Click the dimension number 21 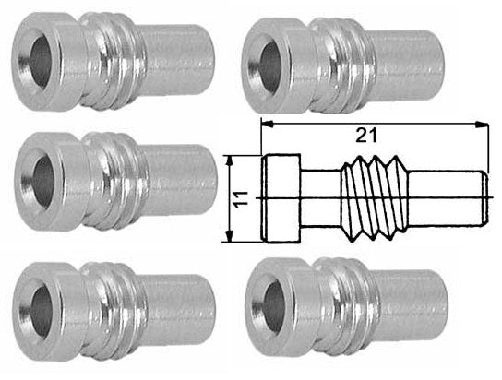pyautogui.click(x=368, y=135)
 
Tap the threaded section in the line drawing pyautogui.click(x=375, y=196)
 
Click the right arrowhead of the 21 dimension pyautogui.click(x=481, y=123)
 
